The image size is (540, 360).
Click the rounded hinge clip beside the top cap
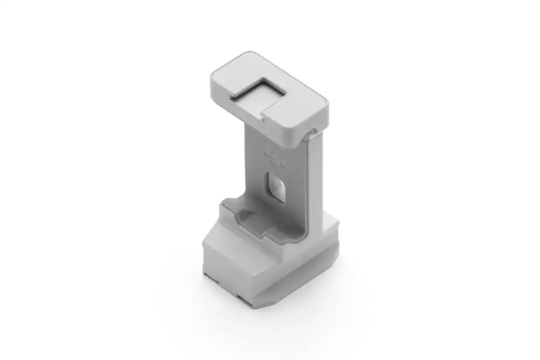pyautogui.click(x=310, y=134)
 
